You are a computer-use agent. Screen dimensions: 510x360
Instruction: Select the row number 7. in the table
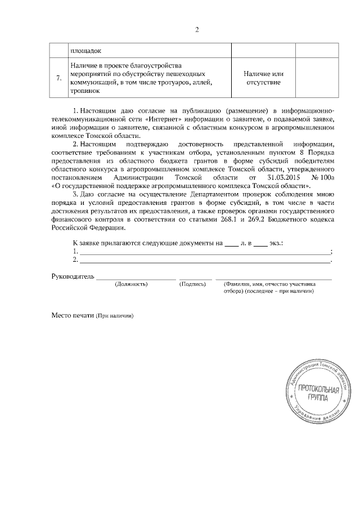pos(58,78)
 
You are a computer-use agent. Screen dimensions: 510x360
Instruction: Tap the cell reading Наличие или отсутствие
pos(263,78)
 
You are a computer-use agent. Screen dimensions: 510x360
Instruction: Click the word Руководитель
pos(72,278)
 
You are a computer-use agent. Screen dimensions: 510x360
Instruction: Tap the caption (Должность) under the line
pos(130,285)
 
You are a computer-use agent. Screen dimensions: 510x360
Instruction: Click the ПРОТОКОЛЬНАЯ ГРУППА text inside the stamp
pos(318,393)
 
